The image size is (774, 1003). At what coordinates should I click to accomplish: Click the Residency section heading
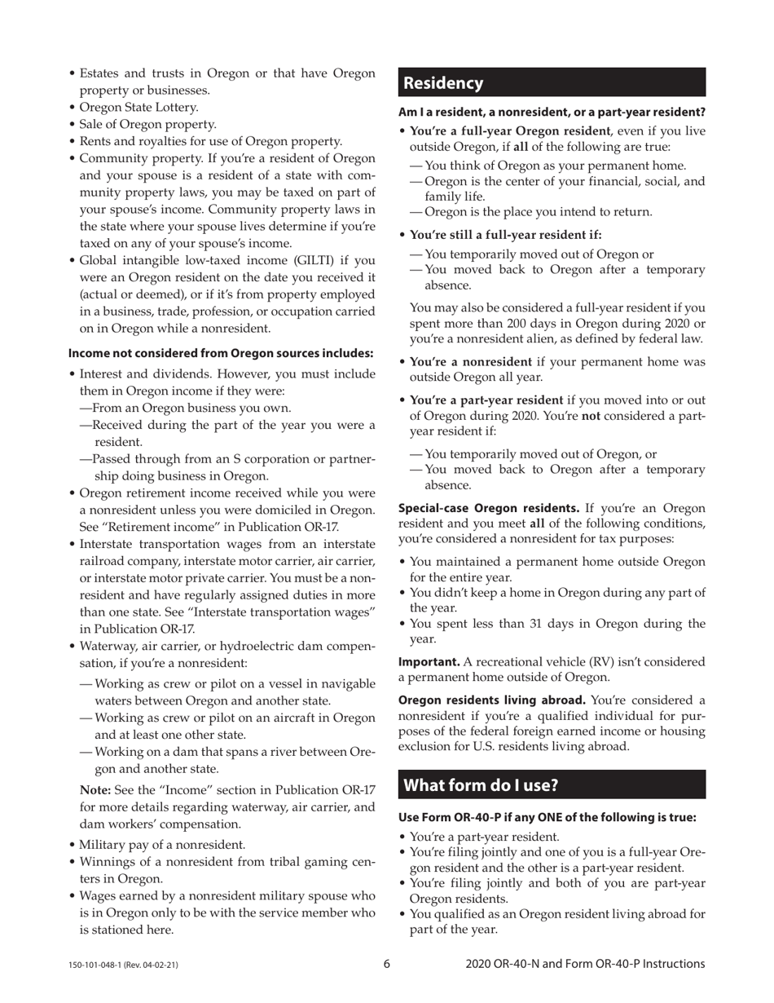click(443, 83)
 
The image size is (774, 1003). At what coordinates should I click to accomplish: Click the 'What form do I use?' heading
click(482, 785)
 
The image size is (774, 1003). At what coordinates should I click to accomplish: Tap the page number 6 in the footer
click(387, 964)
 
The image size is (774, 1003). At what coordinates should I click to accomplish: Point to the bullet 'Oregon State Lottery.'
click(139, 107)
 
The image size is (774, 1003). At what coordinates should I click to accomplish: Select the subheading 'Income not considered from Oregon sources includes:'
click(221, 353)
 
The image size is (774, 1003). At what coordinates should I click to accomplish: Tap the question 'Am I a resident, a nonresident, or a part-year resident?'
click(552, 112)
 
